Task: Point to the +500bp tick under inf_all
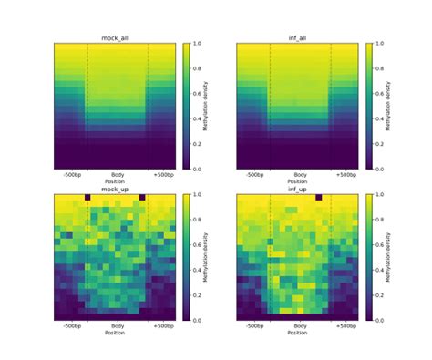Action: click(x=345, y=174)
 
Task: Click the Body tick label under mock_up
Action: click(x=118, y=325)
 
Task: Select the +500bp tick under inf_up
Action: click(x=345, y=325)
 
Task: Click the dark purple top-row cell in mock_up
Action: click(x=87, y=197)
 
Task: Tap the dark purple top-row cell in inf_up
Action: click(x=317, y=197)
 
